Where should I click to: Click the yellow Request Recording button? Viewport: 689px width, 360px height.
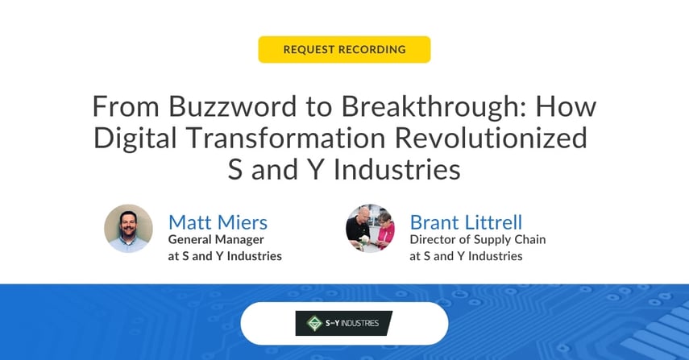point(344,49)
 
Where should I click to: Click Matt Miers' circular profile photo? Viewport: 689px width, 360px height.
point(128,229)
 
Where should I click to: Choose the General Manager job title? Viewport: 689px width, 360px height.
point(216,239)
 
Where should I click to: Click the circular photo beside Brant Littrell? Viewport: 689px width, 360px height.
point(370,229)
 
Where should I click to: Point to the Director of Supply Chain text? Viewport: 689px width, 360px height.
point(477,239)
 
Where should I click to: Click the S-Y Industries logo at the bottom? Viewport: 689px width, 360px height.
point(344,323)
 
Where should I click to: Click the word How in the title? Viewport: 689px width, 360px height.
point(565,107)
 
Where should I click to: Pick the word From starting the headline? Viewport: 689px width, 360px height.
point(119,107)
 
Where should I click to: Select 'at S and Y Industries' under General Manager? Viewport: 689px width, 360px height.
point(224,256)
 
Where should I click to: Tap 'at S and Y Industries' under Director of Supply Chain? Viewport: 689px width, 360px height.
point(466,256)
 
